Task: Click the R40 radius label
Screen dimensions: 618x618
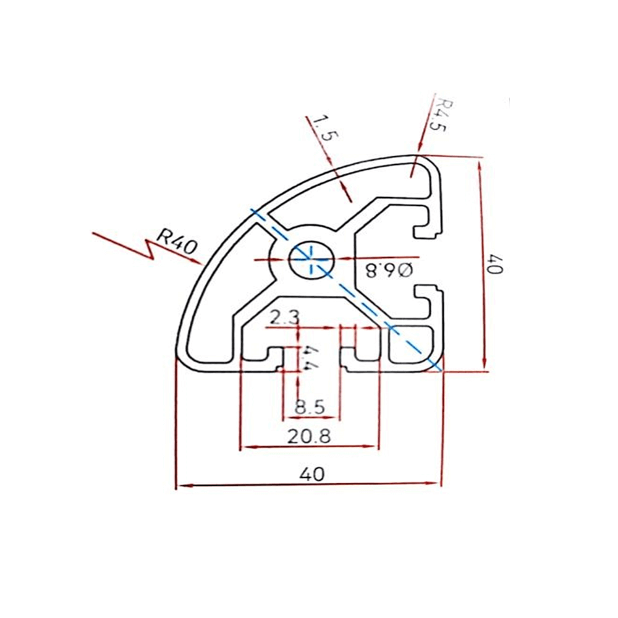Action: point(176,240)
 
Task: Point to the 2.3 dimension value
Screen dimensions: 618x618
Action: point(284,318)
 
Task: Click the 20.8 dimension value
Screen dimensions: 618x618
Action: point(309,436)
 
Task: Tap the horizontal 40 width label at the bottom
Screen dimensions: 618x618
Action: point(311,474)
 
